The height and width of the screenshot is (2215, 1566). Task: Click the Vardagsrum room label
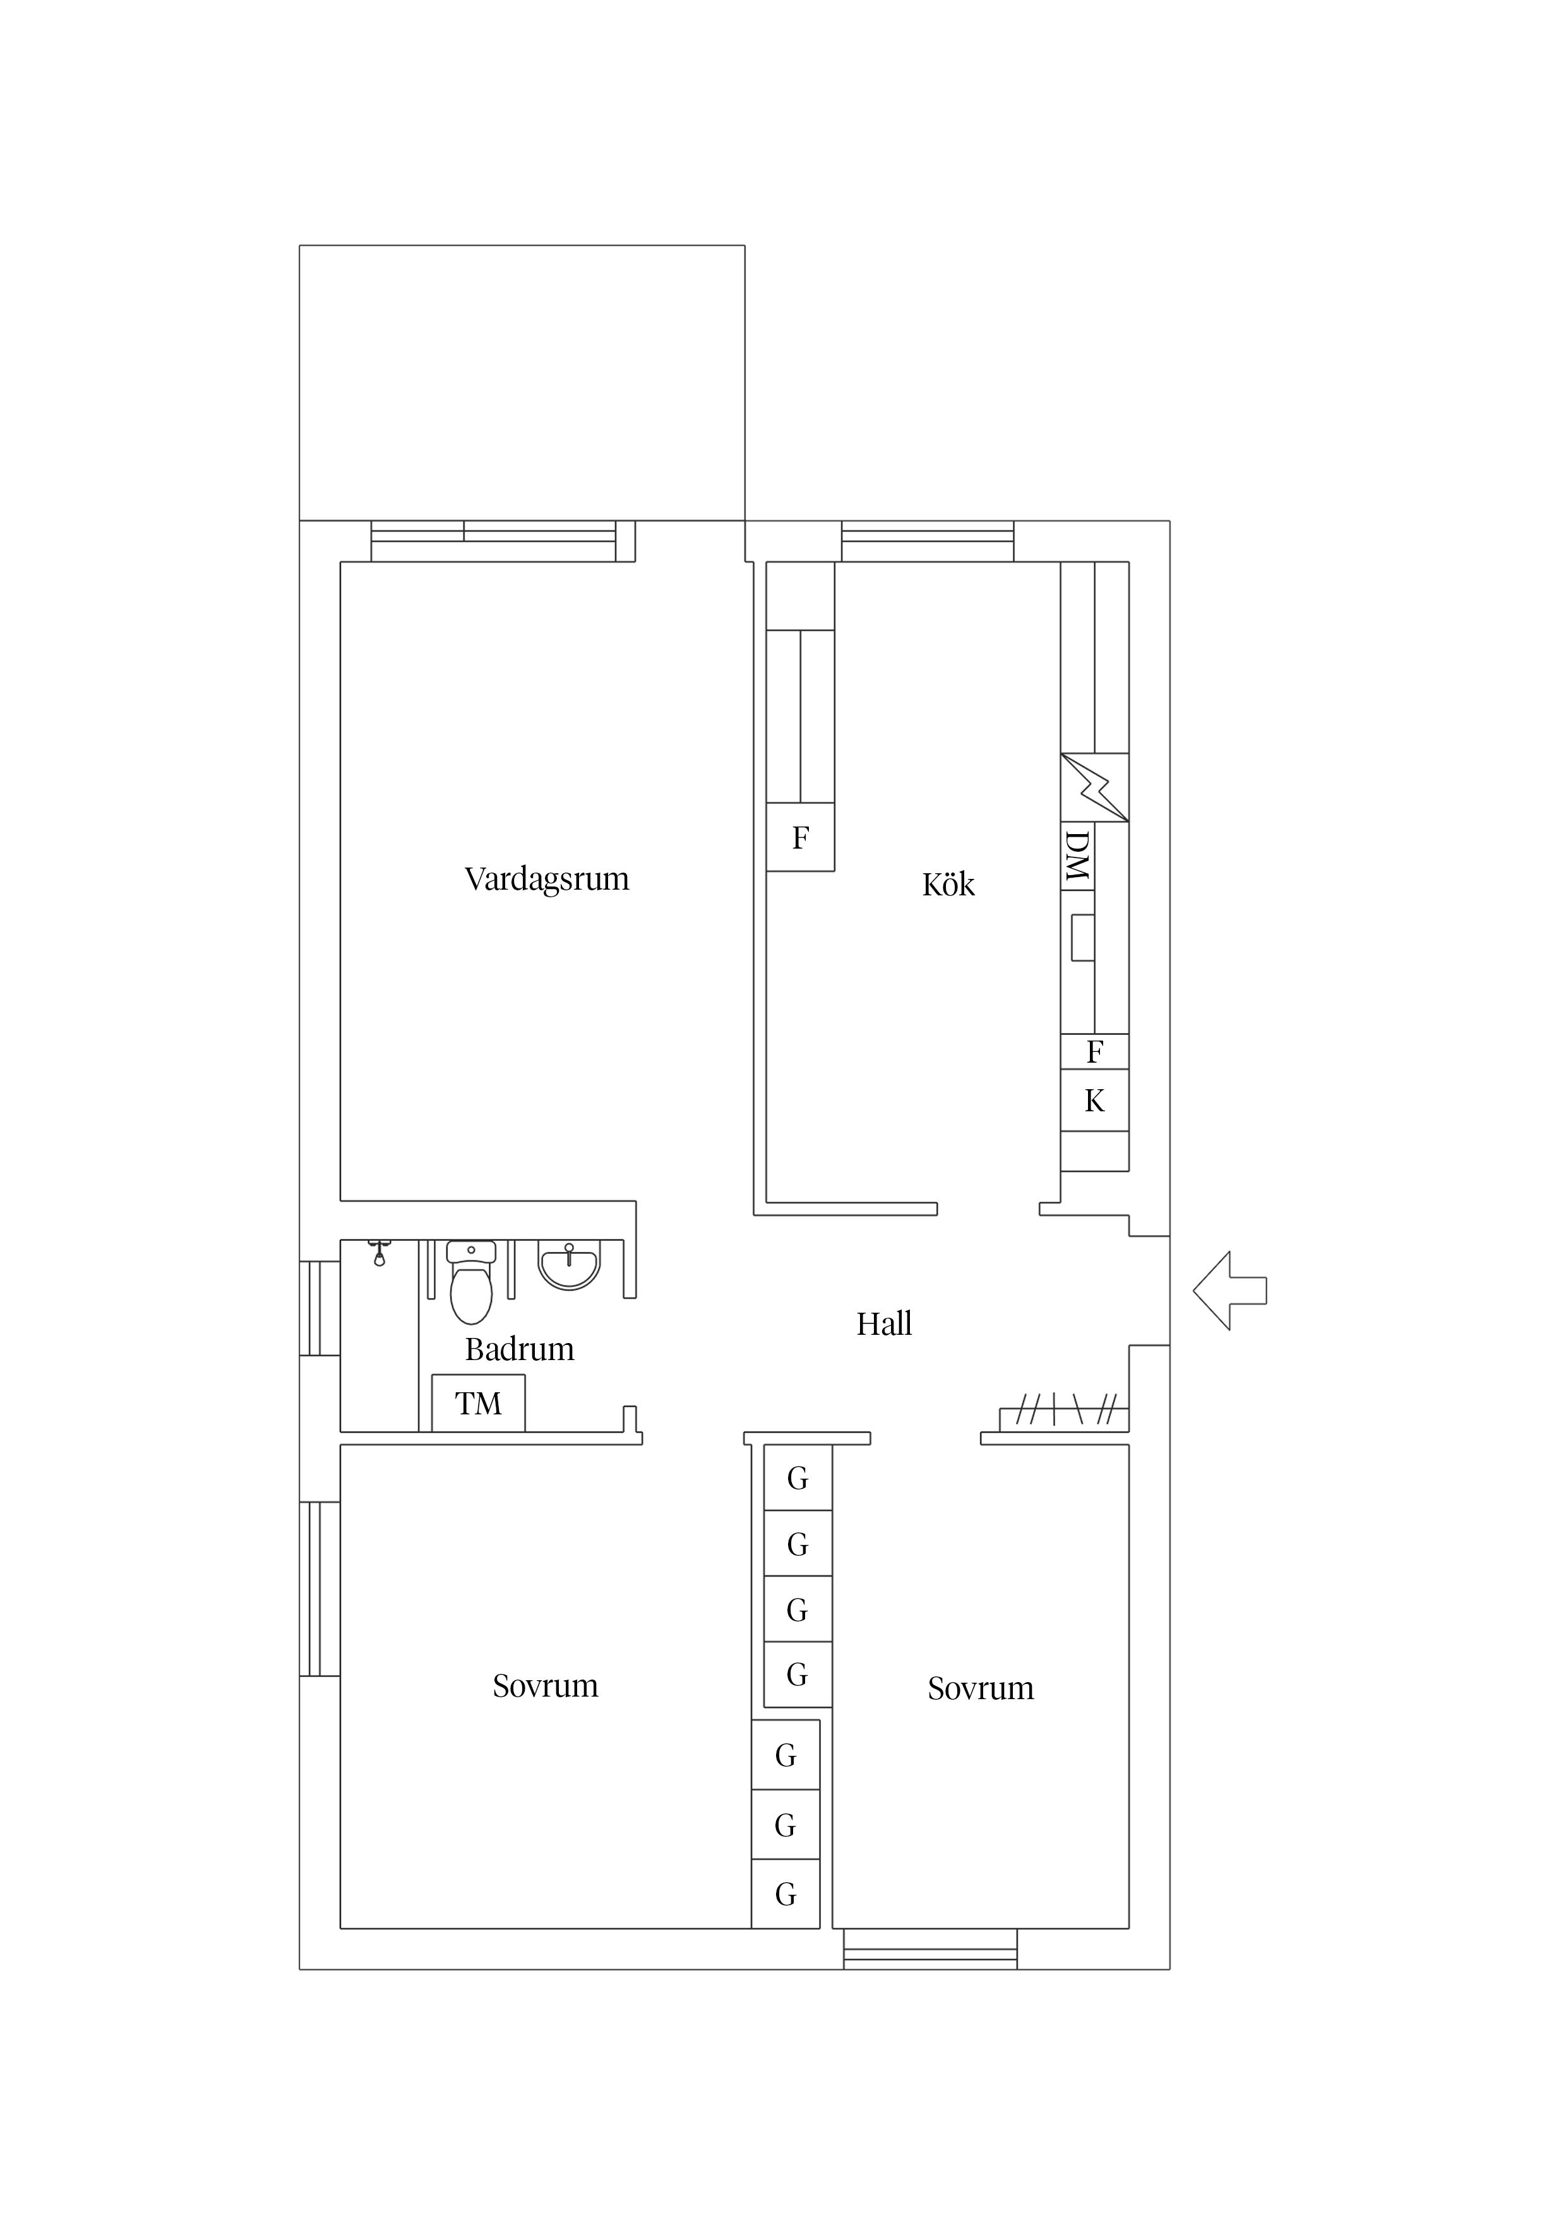546,879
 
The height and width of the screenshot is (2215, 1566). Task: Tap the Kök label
948,885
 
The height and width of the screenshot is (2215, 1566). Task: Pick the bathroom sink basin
570,1267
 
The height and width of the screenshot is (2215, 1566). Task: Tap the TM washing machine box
479,1404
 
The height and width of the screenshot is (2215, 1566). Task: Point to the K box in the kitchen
1094,1101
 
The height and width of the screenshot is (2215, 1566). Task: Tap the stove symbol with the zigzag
1094,788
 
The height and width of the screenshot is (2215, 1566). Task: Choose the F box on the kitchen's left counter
800,837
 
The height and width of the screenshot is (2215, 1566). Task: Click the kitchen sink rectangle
1082,938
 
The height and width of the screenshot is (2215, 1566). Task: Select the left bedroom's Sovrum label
545,1687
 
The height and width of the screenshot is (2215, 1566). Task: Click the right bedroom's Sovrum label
980,1688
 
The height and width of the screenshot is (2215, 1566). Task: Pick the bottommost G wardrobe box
786,1896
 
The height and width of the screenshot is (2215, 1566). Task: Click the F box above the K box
1094,1051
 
